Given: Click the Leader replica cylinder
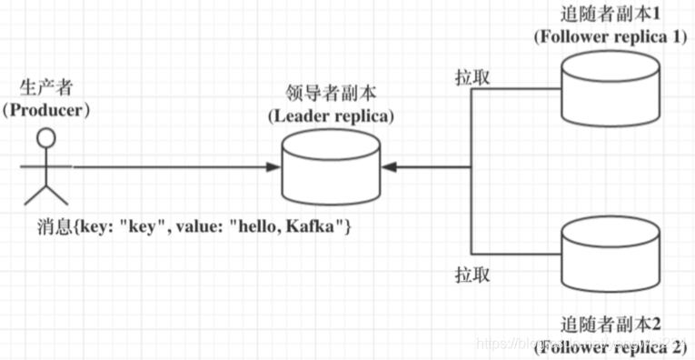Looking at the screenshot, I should (x=332, y=168).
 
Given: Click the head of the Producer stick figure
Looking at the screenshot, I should (x=45, y=138).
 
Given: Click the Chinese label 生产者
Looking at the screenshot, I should (x=46, y=88).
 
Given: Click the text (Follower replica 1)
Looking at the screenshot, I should (x=611, y=36).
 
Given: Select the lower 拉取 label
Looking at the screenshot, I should (x=472, y=273).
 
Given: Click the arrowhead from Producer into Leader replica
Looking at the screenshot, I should (x=273, y=167).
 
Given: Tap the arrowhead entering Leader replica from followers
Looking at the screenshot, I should (x=390, y=167).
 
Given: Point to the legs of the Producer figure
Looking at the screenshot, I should (x=46, y=193).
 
